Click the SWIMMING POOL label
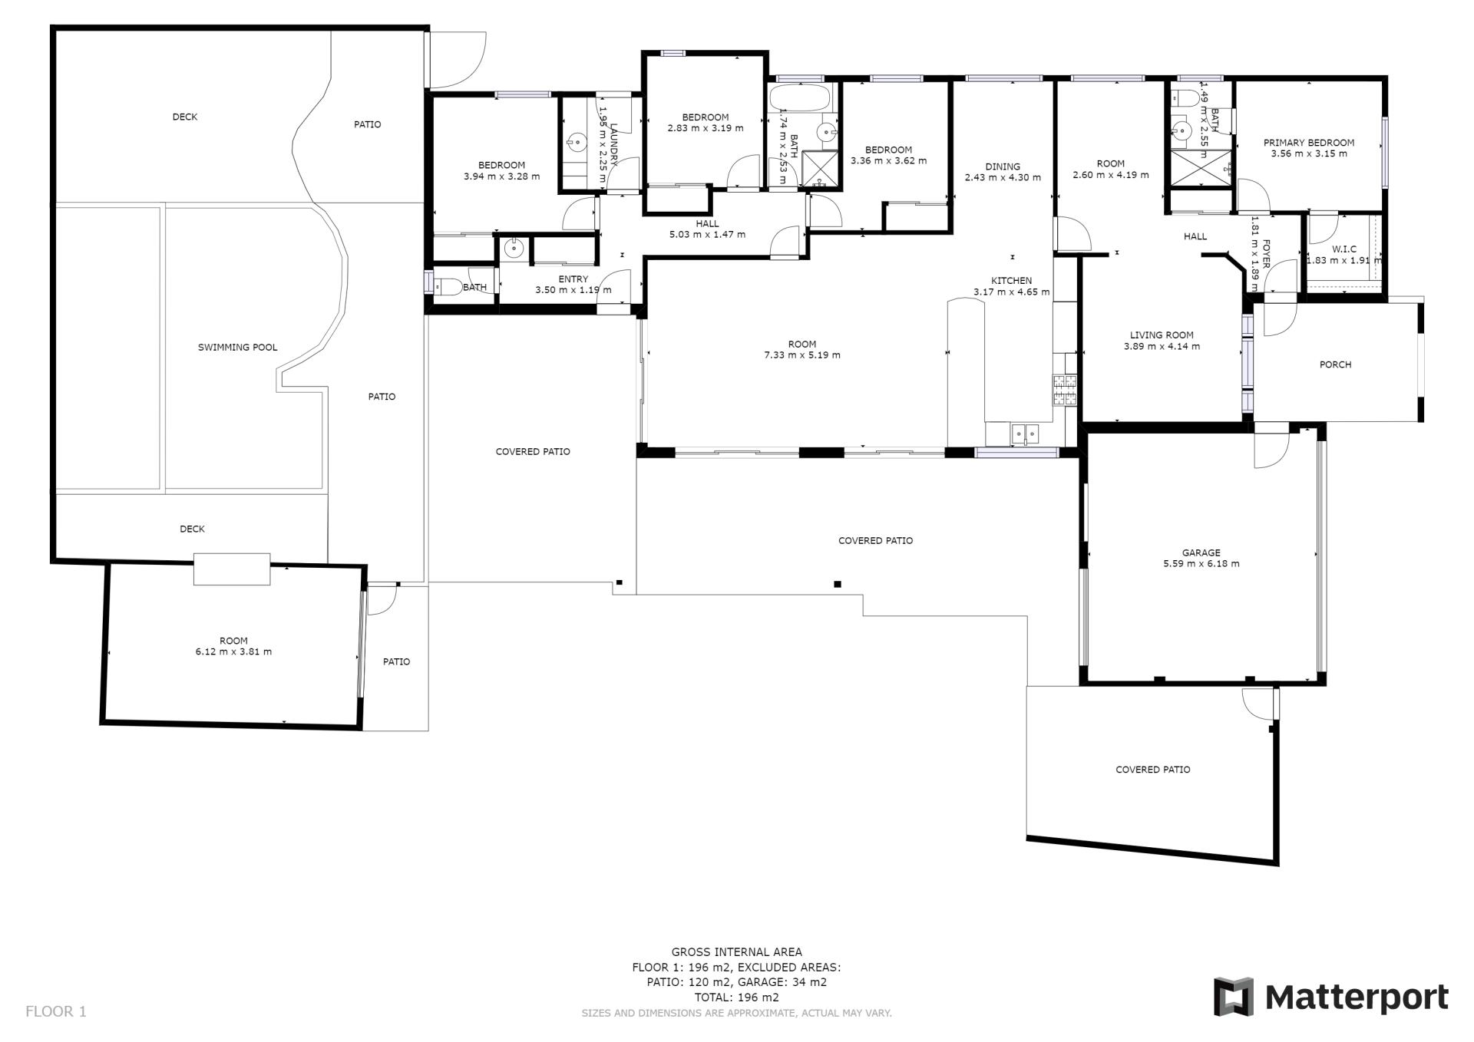point(237,348)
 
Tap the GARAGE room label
point(1201,553)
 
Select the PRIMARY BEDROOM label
point(1309,143)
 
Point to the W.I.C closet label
point(1344,249)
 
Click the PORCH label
point(1335,365)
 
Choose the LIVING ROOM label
point(1162,335)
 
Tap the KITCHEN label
point(1011,281)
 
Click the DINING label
point(1003,167)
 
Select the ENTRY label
point(573,279)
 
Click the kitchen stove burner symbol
point(1064,390)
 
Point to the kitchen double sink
point(1024,434)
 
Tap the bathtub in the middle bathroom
point(798,97)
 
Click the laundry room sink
point(576,141)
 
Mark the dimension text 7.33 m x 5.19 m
point(801,355)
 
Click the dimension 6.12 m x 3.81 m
point(233,652)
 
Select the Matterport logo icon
point(1233,997)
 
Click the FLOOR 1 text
point(56,1011)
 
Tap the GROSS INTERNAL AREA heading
point(736,952)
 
